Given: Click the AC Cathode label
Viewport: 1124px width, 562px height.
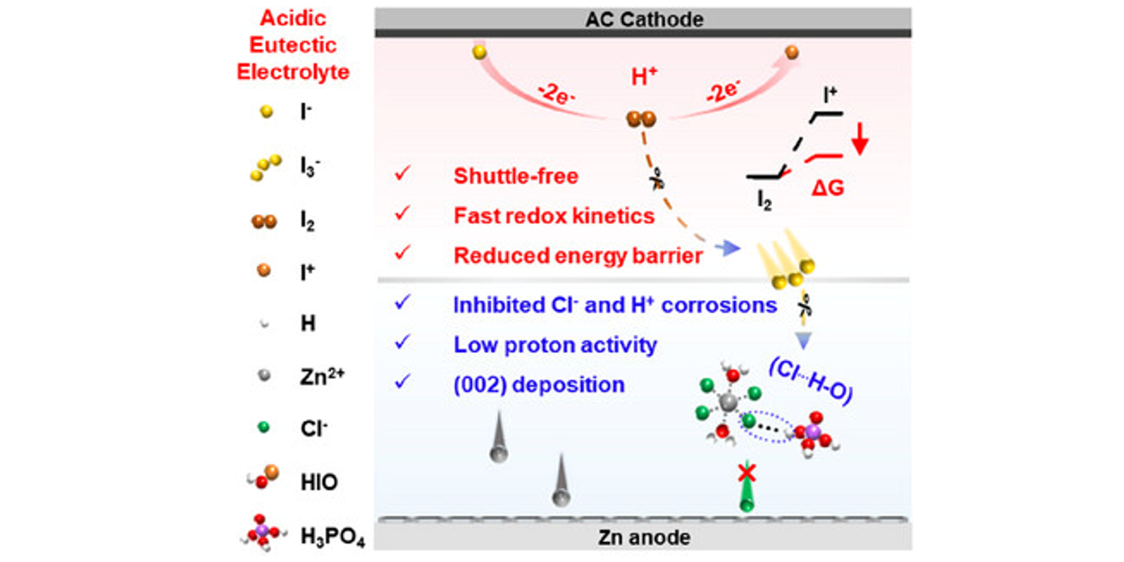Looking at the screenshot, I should point(644,19).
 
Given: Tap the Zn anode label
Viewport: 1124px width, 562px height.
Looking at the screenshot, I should point(644,538).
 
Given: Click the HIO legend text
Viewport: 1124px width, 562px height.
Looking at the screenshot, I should point(319,482).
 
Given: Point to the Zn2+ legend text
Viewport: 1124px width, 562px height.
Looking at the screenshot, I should point(322,376).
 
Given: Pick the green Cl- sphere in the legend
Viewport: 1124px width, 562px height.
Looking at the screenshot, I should point(263,427).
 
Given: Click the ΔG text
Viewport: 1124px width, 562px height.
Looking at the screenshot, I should point(828,188).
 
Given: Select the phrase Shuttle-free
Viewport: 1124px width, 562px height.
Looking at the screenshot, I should point(516,176).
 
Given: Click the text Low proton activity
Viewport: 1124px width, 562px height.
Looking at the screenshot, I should point(555,345).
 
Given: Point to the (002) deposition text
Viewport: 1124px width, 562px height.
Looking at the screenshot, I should point(539,385).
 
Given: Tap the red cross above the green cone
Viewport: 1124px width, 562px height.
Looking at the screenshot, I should point(747,473).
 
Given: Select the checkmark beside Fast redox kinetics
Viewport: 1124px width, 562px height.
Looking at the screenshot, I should point(402,213).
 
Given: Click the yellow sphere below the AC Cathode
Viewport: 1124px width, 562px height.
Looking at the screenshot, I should point(479,52).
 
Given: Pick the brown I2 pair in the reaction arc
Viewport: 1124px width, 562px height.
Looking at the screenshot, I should point(641,119).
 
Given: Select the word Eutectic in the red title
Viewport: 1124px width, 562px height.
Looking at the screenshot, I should point(293,45).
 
